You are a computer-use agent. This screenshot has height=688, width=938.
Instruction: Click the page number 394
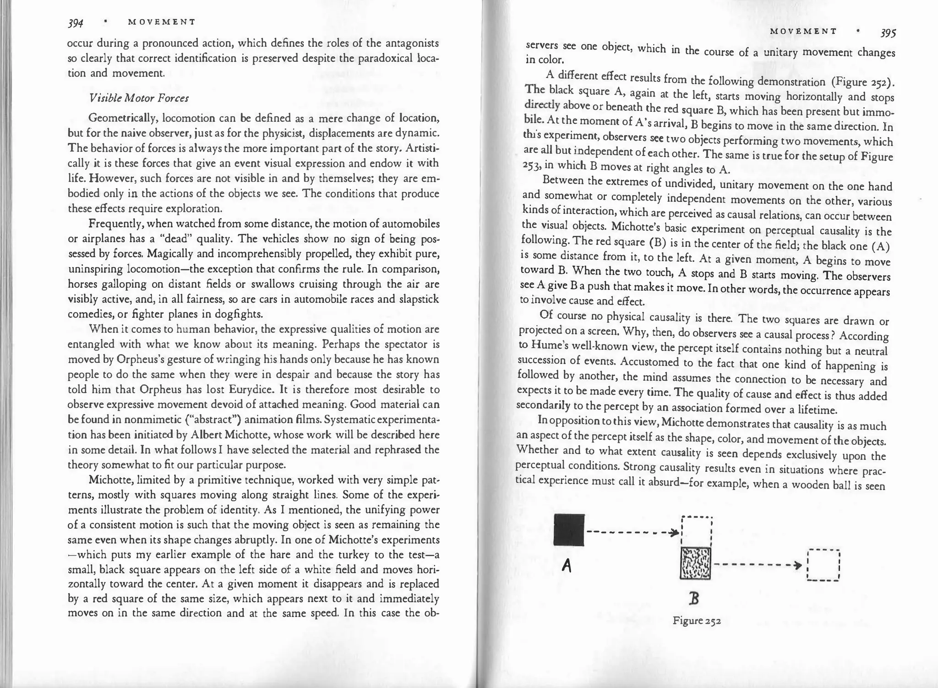[x=75, y=23]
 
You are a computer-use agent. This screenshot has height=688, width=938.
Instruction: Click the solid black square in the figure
[x=569, y=530]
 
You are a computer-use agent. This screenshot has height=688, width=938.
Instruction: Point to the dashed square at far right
[x=823, y=565]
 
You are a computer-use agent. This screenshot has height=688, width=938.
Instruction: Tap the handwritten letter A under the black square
[x=567, y=567]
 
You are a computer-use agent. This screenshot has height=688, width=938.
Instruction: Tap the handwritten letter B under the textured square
[x=694, y=599]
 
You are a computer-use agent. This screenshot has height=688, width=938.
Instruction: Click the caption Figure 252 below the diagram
[x=697, y=622]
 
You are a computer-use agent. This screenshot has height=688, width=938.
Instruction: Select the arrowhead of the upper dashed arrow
[x=673, y=533]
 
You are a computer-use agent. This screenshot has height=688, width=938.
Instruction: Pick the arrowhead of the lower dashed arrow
[x=798, y=565]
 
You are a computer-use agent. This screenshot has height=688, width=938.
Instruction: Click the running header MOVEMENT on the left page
[x=162, y=22]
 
